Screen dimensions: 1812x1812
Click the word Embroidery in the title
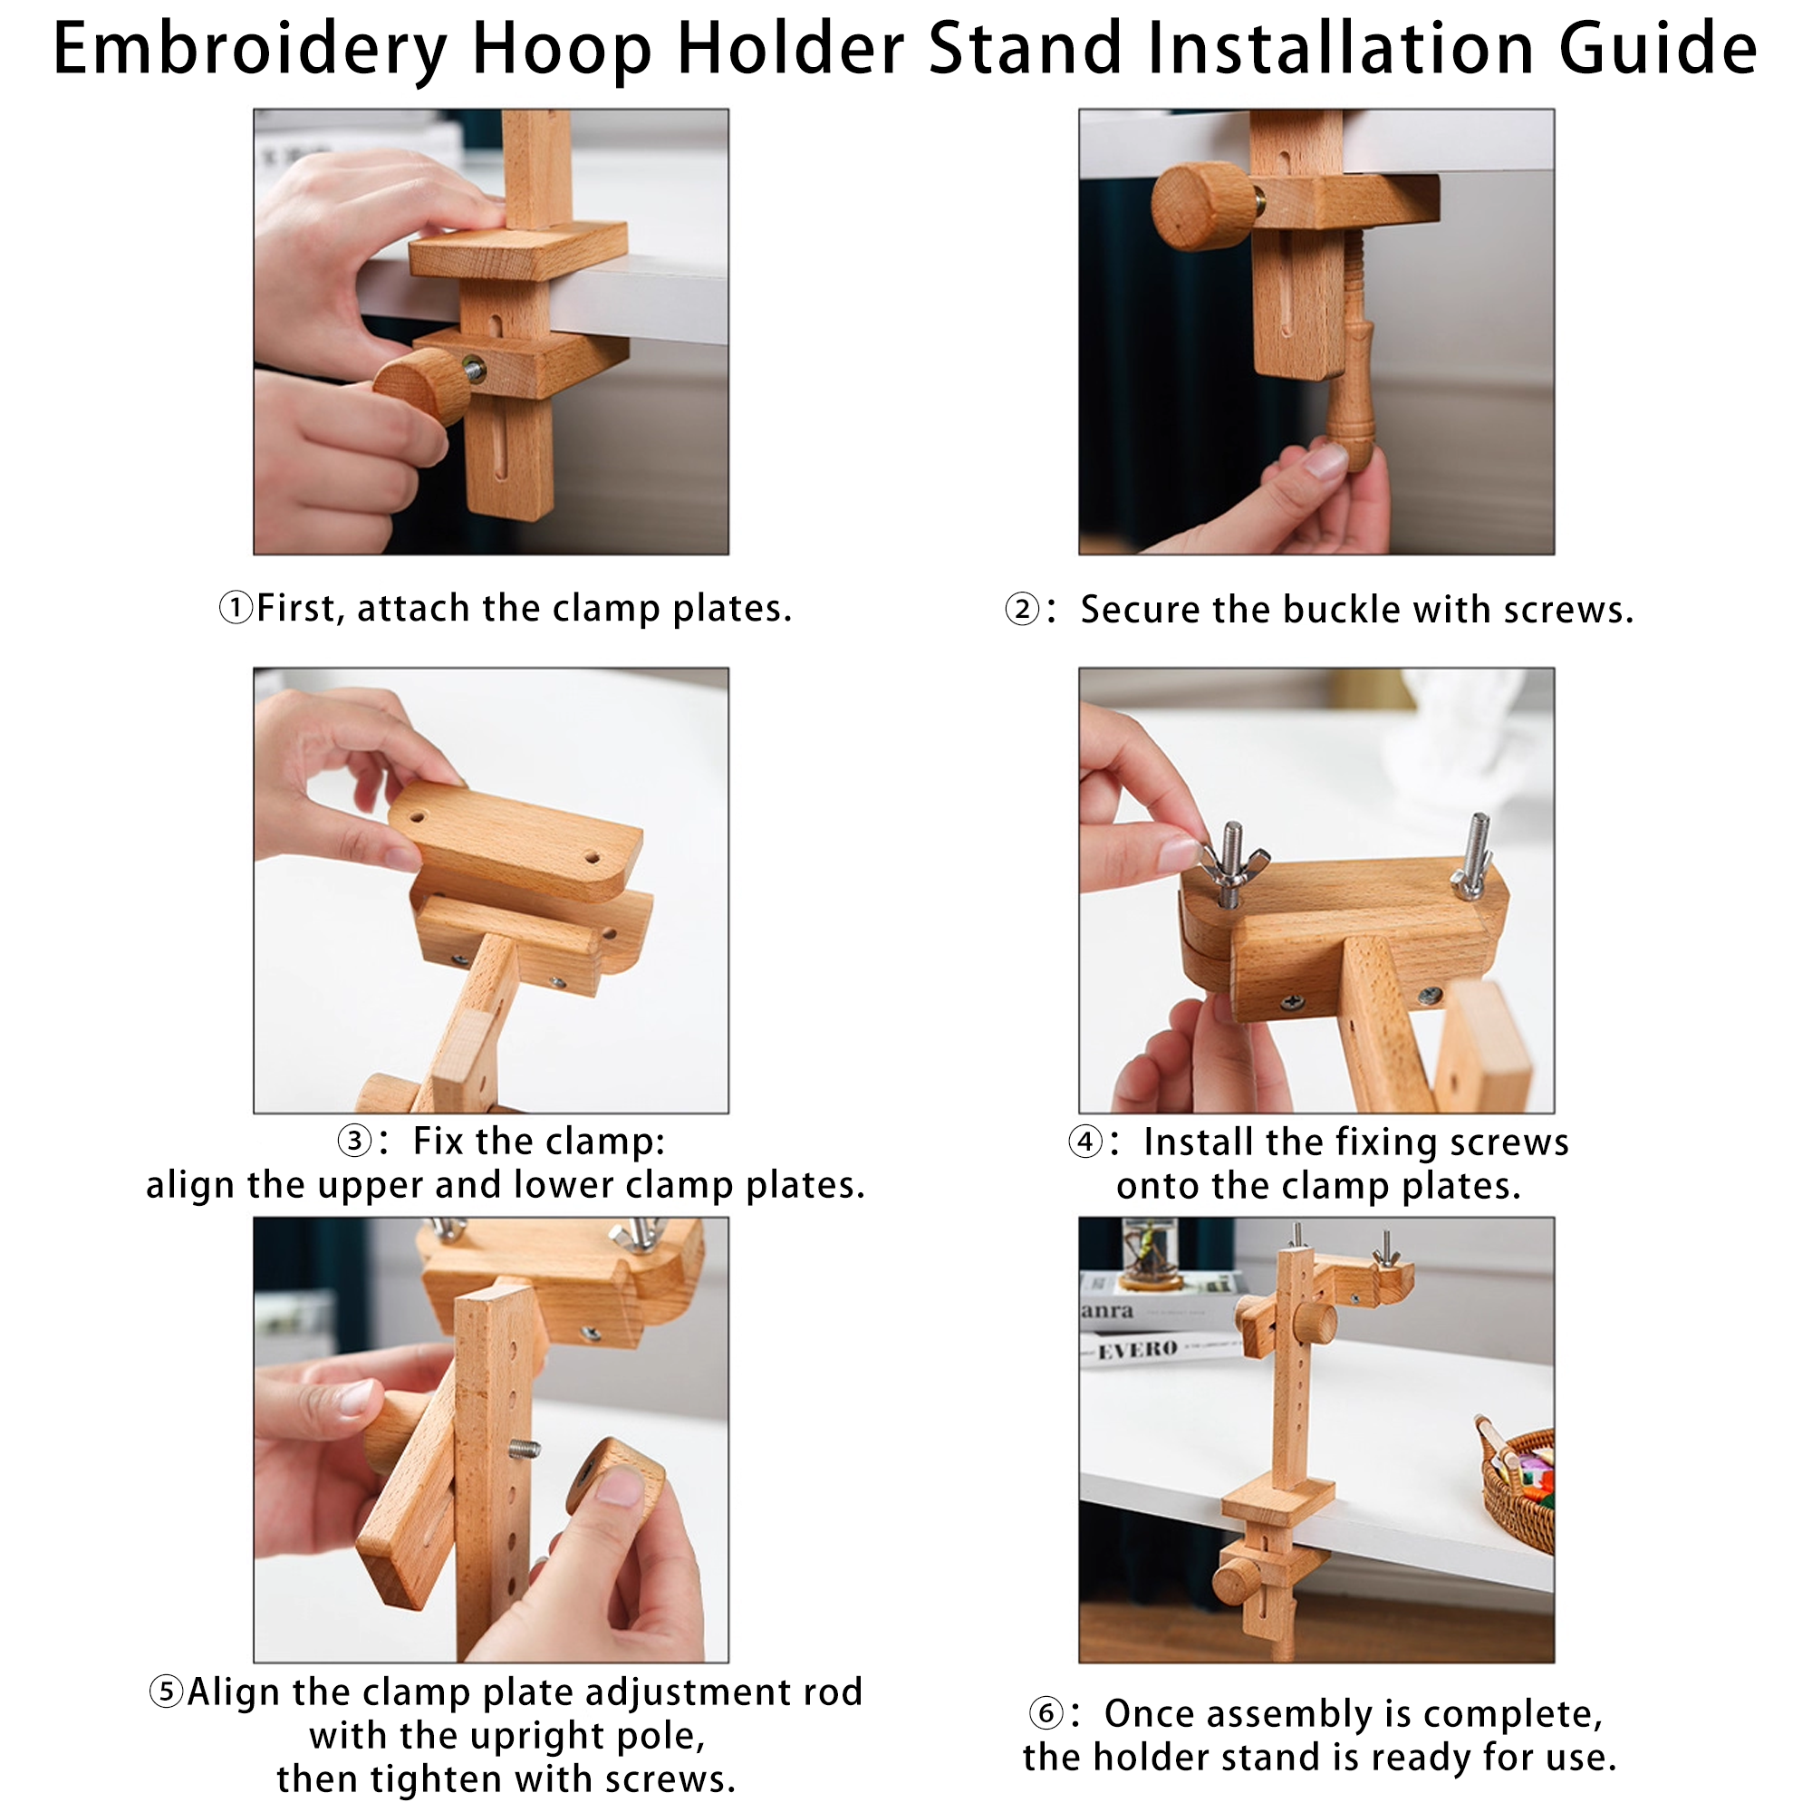pos(250,49)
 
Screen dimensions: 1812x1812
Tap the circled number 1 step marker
pos(236,609)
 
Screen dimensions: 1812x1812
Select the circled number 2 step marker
pos(1022,610)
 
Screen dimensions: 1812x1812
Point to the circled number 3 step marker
pos(354,1142)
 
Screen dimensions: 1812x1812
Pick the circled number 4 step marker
pos(1086,1142)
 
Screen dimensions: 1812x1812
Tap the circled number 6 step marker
pos(1046,1714)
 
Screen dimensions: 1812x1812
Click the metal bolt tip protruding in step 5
pos(526,1450)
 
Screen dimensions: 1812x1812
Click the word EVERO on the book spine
pos(1138,1351)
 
